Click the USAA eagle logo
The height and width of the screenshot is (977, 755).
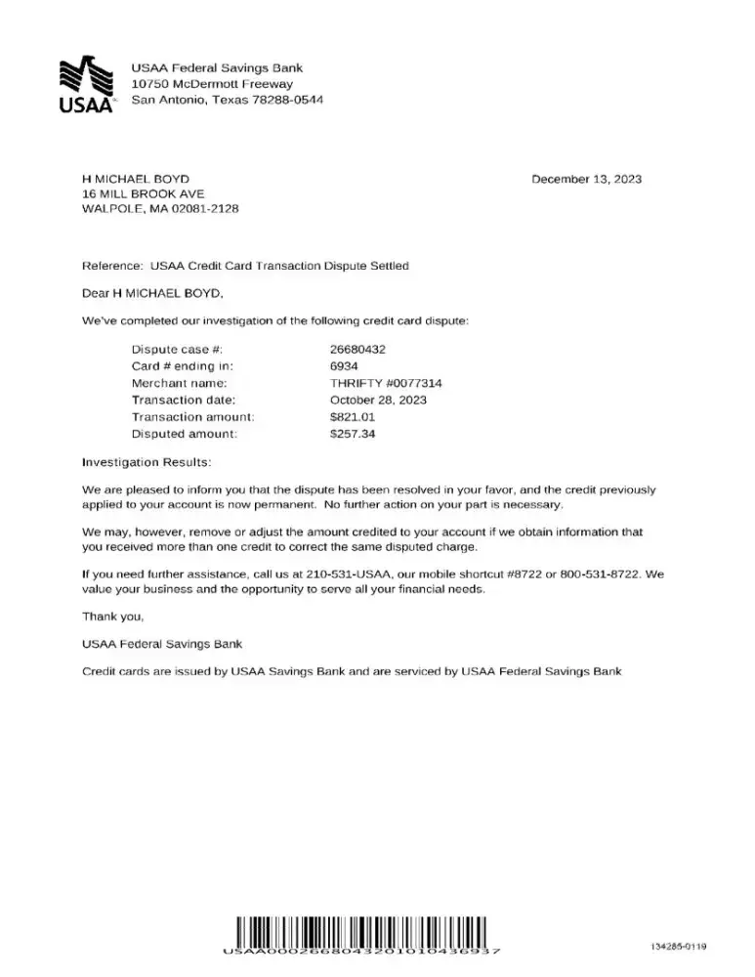[87, 86]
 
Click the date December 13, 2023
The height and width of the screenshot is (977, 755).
[586, 179]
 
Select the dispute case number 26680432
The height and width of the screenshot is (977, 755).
[357, 349]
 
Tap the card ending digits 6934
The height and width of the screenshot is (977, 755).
[345, 366]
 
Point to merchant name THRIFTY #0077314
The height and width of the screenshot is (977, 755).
[387, 383]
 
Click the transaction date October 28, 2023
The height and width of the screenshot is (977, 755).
[378, 400]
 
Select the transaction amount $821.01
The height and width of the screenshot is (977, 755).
[353, 417]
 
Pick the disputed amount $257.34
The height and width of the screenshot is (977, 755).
[353, 434]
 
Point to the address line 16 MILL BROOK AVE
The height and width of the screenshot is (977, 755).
[144, 193]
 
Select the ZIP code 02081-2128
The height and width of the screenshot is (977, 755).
[206, 209]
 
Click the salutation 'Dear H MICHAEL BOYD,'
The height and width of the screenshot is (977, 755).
[153, 292]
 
